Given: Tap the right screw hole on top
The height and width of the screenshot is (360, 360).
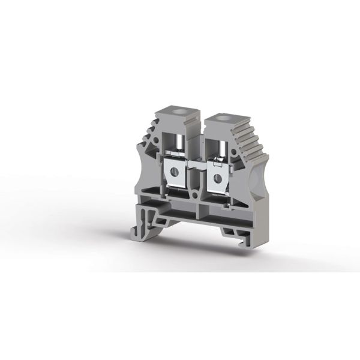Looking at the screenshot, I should tap(215, 128).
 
